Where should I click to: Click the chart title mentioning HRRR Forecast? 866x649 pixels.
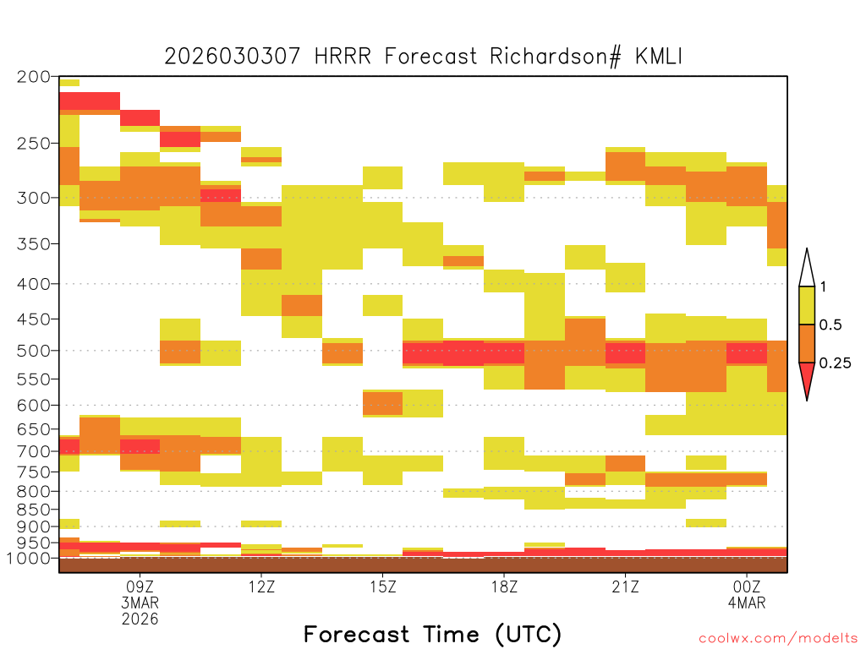tap(424, 57)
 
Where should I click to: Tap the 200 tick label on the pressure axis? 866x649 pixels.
tap(33, 77)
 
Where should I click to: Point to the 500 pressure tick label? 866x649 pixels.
tap(33, 351)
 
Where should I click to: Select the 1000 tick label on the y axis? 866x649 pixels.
tap(28, 558)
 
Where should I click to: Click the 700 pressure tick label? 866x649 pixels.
tap(33, 451)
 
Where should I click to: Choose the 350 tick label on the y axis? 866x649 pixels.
tap(33, 244)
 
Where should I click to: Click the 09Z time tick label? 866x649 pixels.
tap(140, 586)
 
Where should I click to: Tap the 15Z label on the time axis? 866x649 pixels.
tap(383, 586)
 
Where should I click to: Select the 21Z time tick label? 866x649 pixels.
tap(625, 586)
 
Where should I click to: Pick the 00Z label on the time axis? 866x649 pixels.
tap(747, 586)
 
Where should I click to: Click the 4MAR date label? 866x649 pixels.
tap(747, 603)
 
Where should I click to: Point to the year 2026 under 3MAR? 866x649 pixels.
tap(140, 619)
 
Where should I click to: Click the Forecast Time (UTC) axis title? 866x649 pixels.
tap(432, 635)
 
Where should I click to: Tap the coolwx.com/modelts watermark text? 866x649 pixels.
tap(778, 639)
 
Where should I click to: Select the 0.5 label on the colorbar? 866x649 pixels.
tap(830, 324)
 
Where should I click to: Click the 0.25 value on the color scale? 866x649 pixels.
tap(835, 363)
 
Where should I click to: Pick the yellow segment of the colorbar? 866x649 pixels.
tap(807, 305)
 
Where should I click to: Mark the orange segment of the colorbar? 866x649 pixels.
tap(807, 343)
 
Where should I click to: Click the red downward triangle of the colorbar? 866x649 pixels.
tap(807, 376)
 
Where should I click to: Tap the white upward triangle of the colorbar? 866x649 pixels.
tap(807, 273)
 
